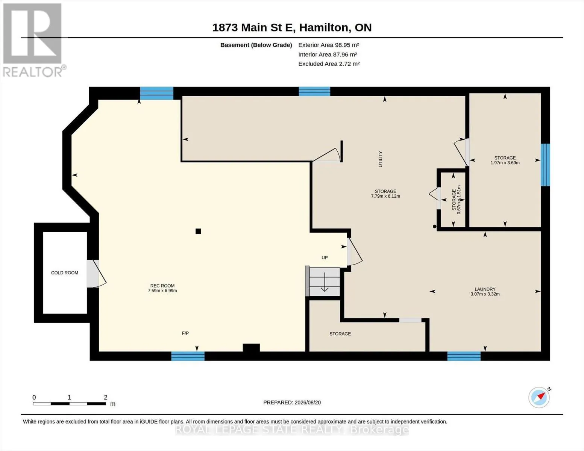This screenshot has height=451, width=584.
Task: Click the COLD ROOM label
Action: click(65, 272)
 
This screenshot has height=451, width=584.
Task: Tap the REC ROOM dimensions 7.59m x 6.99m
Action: click(162, 291)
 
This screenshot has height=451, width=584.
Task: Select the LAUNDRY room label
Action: click(485, 289)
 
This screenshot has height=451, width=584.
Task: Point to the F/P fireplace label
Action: click(185, 333)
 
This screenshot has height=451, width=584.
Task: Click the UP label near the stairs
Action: click(325, 257)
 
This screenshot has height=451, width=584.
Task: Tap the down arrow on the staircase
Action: click(325, 282)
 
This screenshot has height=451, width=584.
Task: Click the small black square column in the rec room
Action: click(198, 231)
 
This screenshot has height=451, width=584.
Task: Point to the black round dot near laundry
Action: click(435, 227)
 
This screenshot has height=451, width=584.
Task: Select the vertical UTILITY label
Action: click(380, 159)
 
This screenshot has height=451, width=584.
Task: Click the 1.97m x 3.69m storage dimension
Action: click(505, 163)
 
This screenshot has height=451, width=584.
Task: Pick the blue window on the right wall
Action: click(545, 165)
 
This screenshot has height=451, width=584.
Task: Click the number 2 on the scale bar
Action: click(106, 397)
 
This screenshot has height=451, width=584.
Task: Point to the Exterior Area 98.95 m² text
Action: click(329, 45)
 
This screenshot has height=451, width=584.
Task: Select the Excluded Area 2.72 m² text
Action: click(329, 64)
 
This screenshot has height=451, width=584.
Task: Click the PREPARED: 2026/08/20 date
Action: click(292, 403)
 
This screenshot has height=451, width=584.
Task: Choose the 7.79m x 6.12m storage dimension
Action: click(385, 196)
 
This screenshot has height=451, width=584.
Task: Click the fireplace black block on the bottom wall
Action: click(251, 348)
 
